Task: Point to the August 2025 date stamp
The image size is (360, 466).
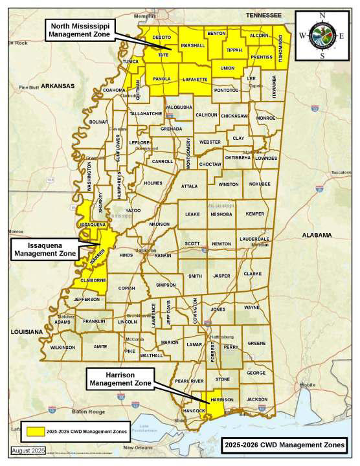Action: point(28,449)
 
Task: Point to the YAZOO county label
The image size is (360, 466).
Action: point(133,211)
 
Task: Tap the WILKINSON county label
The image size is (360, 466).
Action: point(63,348)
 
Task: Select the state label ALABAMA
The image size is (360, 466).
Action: point(315,235)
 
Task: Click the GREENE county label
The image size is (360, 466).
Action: point(256,343)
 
